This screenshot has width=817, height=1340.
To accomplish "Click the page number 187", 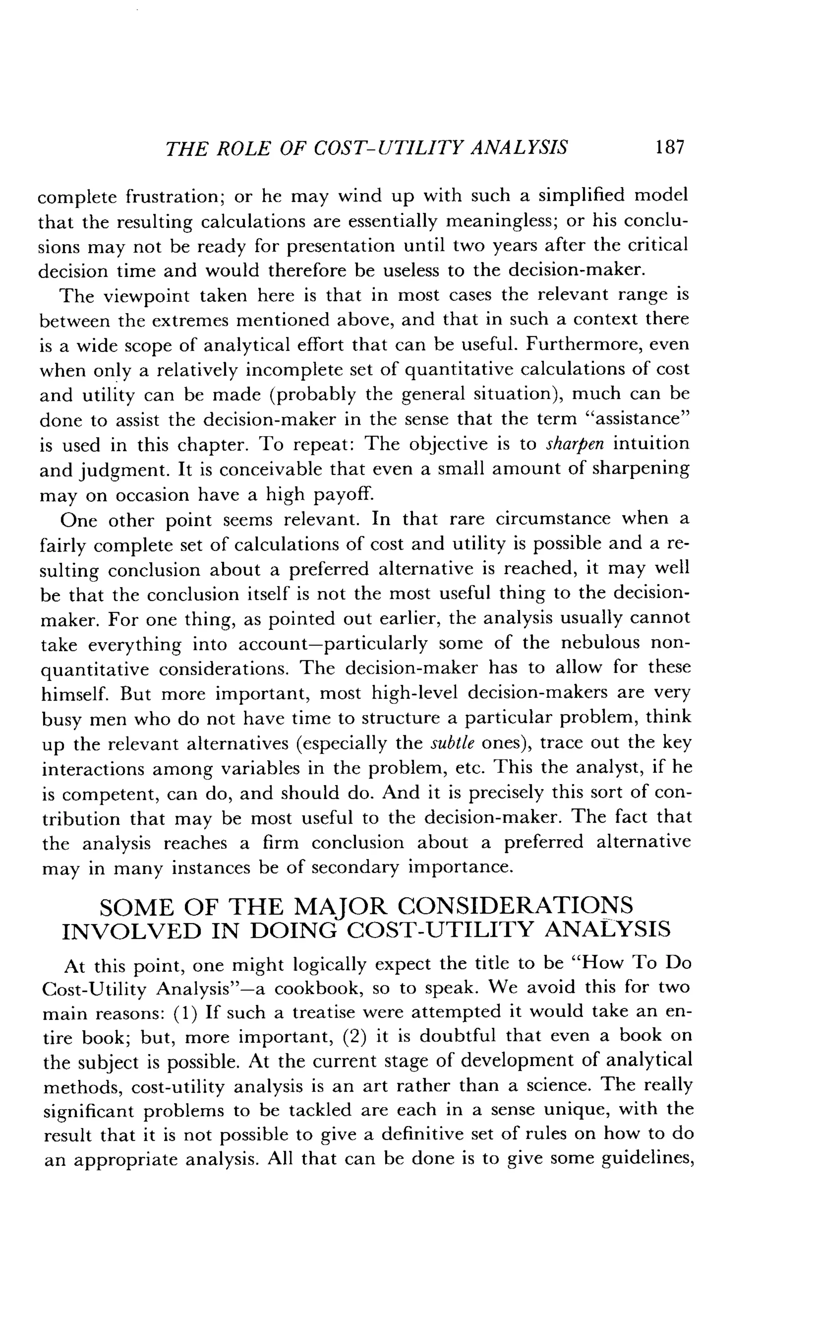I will coord(669,148).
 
